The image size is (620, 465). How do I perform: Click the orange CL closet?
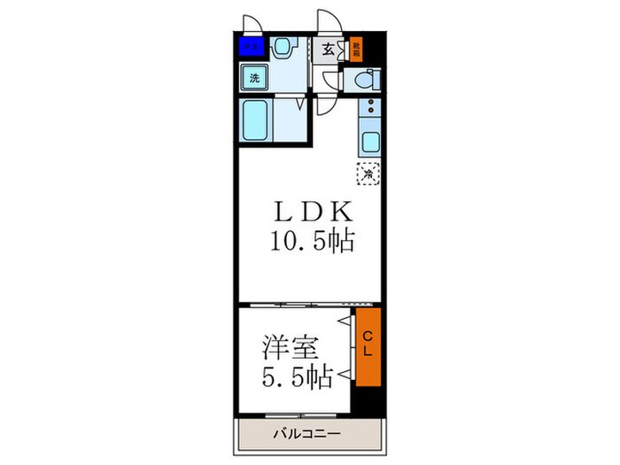[368, 348]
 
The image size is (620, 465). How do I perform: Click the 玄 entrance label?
[328, 50]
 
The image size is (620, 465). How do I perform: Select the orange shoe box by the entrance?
[357, 49]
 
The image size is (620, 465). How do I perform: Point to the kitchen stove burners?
[368, 112]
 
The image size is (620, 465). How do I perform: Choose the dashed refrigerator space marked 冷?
[368, 174]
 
